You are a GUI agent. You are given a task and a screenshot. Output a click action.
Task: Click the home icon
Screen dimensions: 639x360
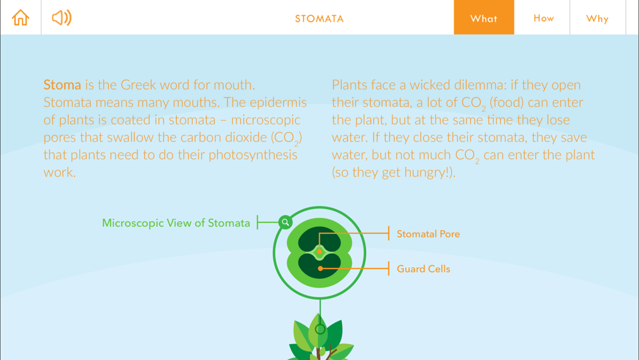[x=20, y=17]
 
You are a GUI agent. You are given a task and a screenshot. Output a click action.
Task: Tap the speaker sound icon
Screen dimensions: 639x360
[x=61, y=17]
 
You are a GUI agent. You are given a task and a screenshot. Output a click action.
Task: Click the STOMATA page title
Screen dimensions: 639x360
[x=319, y=19]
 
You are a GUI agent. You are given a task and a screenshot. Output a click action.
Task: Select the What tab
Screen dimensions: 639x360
[x=484, y=17]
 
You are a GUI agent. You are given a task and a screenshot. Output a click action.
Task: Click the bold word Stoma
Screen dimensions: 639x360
[x=63, y=85]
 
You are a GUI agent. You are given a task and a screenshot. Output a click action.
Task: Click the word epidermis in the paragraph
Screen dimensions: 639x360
[x=279, y=103]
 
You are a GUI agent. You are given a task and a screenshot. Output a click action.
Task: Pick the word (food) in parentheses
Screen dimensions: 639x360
[x=507, y=102]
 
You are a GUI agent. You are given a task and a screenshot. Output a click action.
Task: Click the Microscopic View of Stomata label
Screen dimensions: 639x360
[x=176, y=223]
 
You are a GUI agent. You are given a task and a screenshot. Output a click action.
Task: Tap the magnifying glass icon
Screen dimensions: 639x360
[x=285, y=222]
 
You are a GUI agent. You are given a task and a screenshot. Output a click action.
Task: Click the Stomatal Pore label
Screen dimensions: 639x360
[x=428, y=234]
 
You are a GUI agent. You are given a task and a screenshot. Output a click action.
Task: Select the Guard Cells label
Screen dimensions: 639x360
[x=424, y=269]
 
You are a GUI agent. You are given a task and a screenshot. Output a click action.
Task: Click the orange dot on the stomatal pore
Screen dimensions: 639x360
[x=319, y=251]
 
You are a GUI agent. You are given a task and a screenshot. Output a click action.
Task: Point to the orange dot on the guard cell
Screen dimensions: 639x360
[x=321, y=269]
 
